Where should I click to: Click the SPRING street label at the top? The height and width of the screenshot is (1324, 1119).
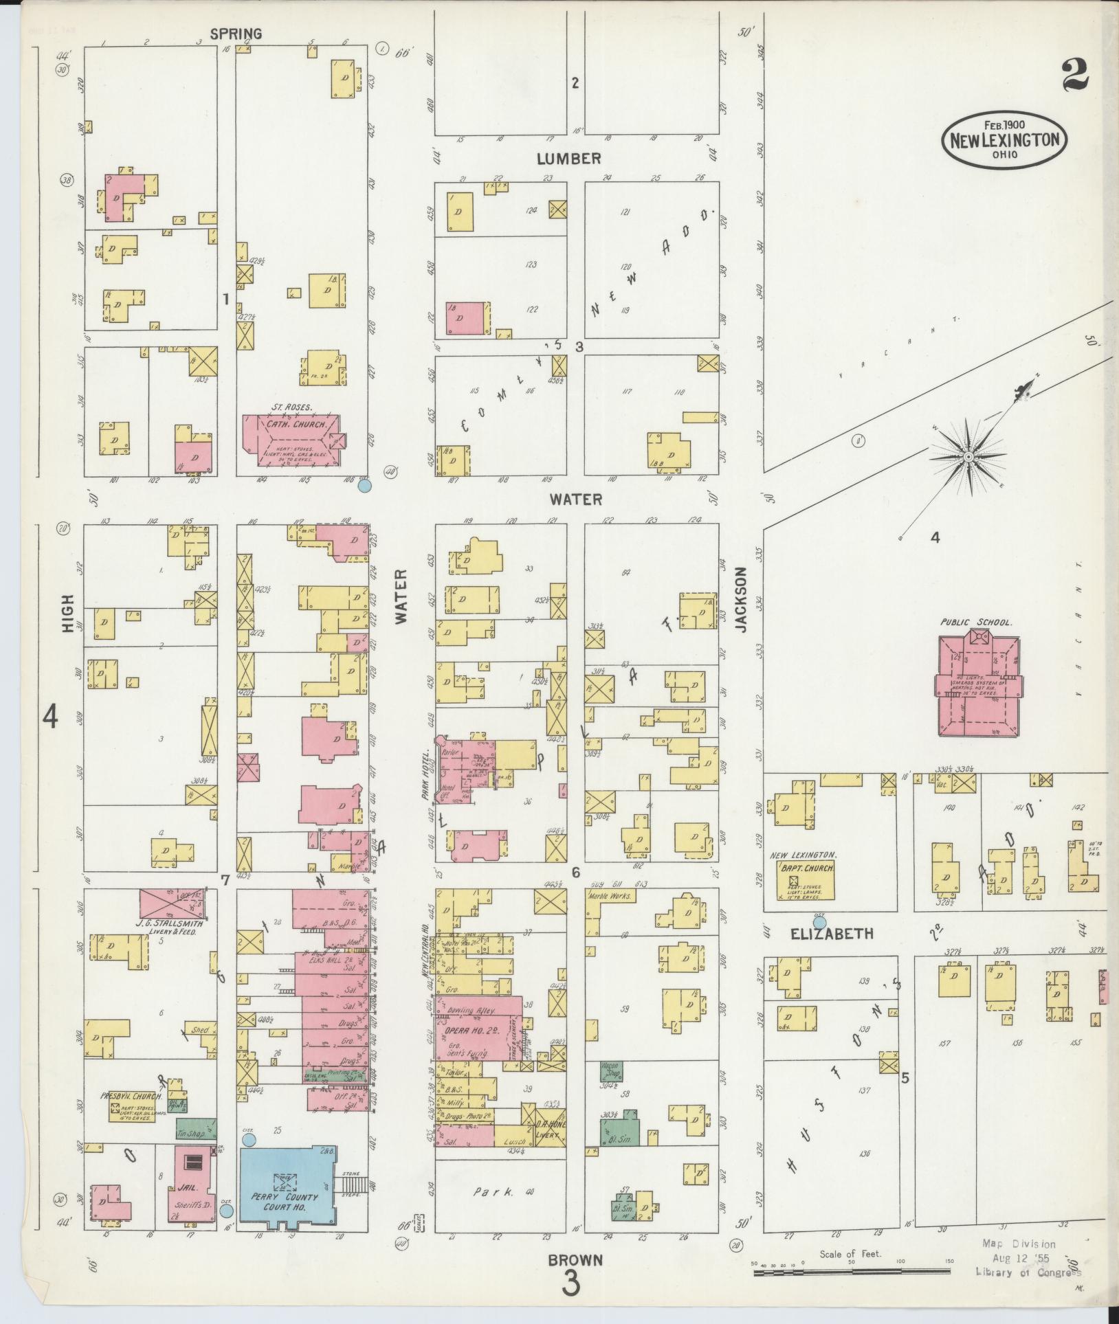236,33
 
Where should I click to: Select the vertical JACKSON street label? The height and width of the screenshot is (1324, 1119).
740,599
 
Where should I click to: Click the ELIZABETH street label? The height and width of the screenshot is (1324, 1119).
832,933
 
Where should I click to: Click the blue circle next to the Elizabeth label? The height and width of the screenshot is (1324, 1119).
819,923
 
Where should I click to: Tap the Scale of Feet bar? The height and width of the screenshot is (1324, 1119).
852,1273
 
